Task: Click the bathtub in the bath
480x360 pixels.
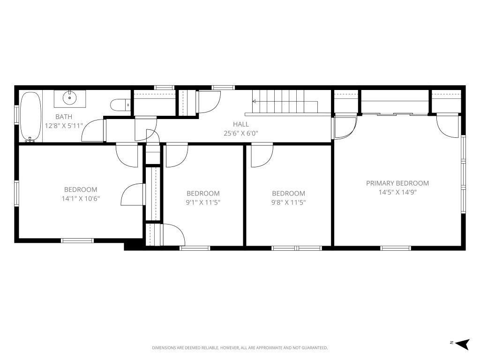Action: click(x=30, y=117)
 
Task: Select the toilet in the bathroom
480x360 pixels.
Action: click(x=120, y=105)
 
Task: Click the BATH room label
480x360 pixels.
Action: click(x=64, y=117)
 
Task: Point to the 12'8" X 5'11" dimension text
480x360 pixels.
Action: click(x=64, y=126)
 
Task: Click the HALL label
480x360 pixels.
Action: click(x=241, y=124)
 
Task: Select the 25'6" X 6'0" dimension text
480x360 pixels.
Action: click(x=241, y=133)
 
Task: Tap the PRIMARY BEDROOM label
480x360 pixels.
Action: click(x=397, y=183)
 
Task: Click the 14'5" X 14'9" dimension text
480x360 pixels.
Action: click(x=397, y=192)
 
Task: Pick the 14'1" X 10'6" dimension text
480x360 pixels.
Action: click(x=81, y=198)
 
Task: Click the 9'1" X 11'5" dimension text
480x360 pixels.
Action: click(x=203, y=202)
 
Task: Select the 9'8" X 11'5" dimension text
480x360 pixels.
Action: click(x=288, y=202)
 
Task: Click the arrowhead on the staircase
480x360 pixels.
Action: click(x=254, y=101)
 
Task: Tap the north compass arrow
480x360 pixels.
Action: click(x=462, y=344)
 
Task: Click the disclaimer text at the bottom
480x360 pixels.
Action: click(x=240, y=348)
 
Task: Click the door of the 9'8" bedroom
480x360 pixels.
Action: click(x=262, y=156)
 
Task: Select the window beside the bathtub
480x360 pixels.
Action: click(x=16, y=114)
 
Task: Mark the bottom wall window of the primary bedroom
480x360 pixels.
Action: click(x=396, y=248)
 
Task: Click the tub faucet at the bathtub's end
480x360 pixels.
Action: click(x=30, y=140)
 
